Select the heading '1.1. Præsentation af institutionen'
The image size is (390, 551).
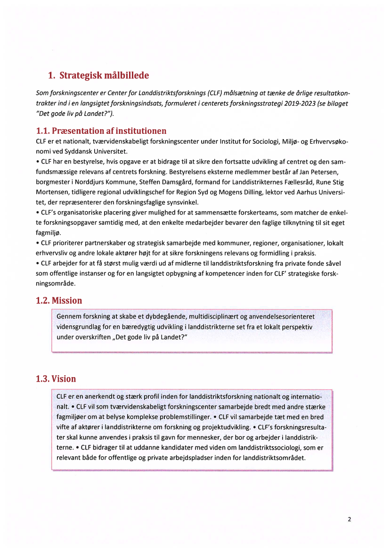coord(101,131)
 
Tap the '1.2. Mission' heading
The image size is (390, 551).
coord(59,300)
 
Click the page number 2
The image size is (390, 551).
coord(349,519)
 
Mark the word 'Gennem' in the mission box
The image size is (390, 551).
coord(68,316)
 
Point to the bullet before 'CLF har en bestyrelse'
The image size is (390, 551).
coord(37,161)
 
